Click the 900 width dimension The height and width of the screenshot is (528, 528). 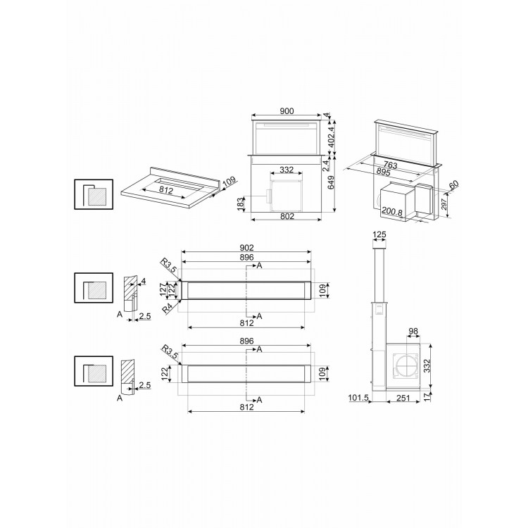point(287,111)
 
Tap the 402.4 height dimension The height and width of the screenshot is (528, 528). point(332,137)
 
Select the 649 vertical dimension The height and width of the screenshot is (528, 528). point(332,182)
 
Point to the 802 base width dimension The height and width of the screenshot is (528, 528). point(287,216)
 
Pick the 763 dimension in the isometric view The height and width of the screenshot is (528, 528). point(391,165)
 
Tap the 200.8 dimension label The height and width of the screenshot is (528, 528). point(392,212)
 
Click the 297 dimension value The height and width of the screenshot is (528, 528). point(444,204)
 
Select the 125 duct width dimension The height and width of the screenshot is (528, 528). point(379,234)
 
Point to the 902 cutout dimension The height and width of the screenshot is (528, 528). point(246,248)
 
